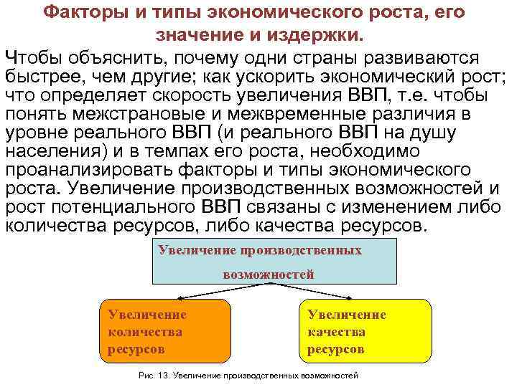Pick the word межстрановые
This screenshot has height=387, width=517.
136,115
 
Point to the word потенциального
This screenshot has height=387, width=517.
131,208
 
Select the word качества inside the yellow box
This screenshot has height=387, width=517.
336,332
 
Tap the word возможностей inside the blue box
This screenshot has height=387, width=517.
269,274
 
